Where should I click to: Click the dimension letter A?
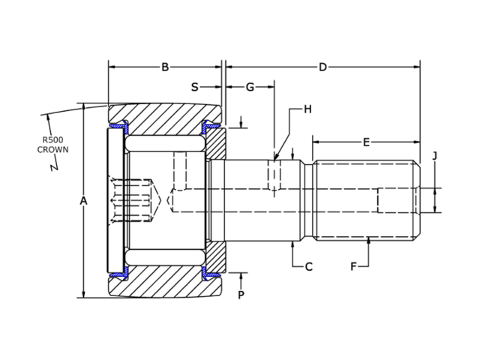(x=83, y=200)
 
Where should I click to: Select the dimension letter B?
(x=165, y=67)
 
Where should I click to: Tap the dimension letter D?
(x=322, y=67)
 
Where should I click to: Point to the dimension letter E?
(x=366, y=142)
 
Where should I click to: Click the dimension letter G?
(x=250, y=87)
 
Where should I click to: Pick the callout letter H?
(x=307, y=109)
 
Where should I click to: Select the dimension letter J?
(x=434, y=156)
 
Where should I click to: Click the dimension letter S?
(x=194, y=87)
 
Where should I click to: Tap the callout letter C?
(x=307, y=266)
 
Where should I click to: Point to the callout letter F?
(x=353, y=266)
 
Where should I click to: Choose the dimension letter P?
(x=241, y=295)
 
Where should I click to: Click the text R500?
(x=53, y=139)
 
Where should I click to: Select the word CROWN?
(x=53, y=149)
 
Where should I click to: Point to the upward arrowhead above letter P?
(x=241, y=275)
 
